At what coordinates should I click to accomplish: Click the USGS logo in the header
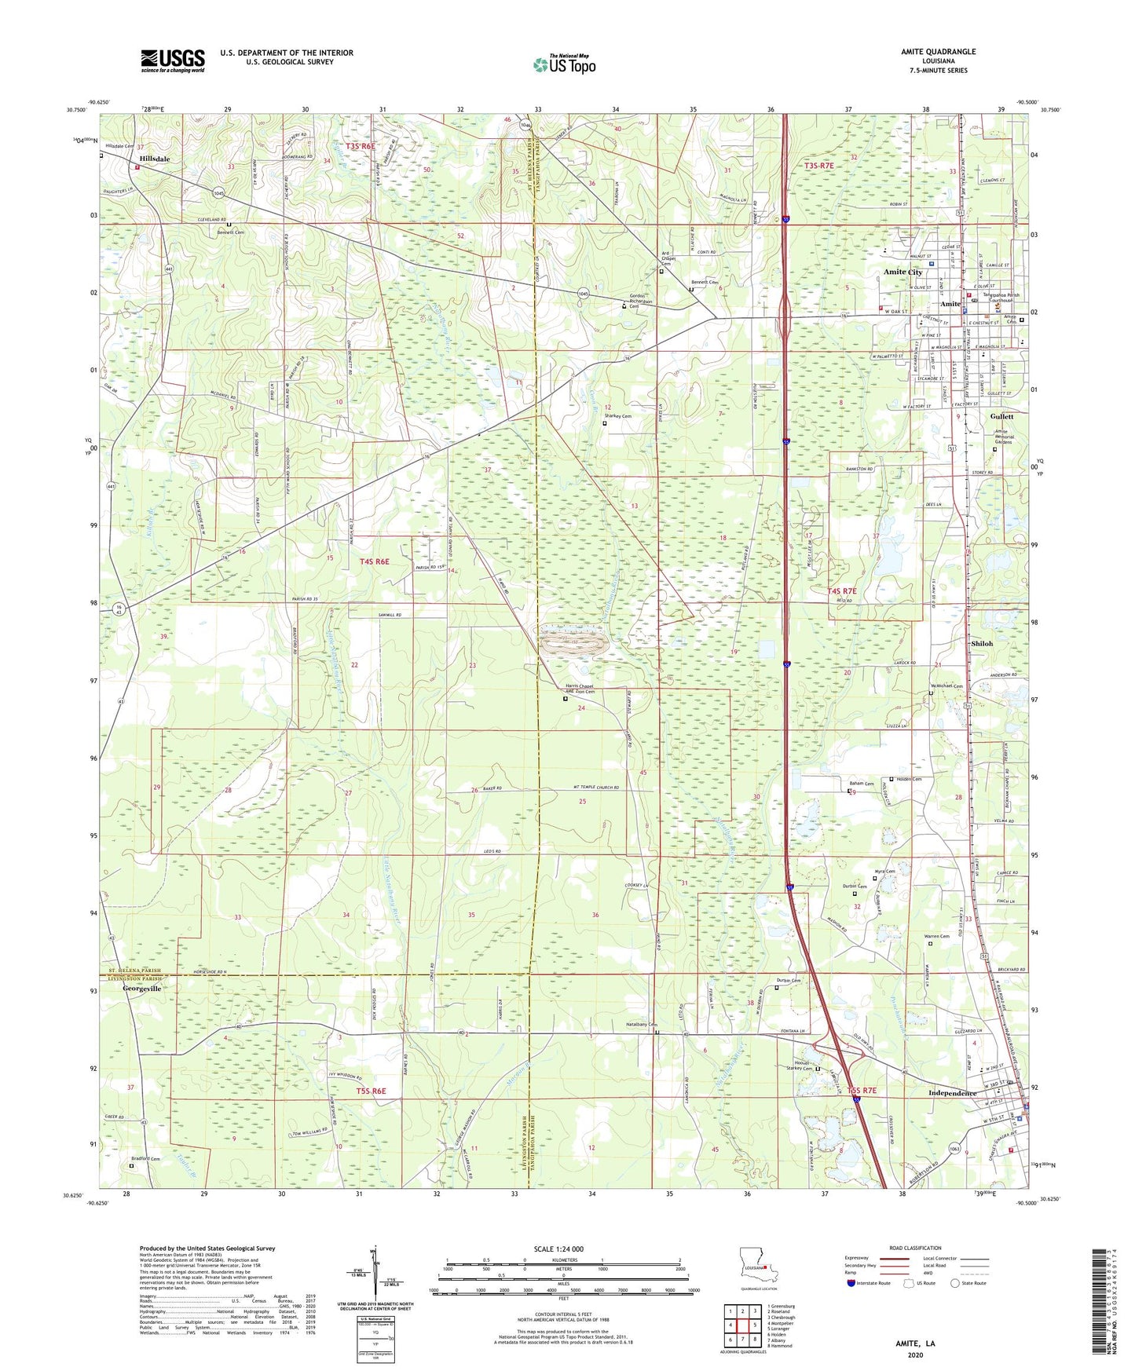coord(172,60)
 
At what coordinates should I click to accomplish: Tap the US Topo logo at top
coord(564,64)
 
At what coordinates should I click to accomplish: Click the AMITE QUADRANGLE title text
coord(938,52)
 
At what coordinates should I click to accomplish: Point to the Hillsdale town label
coord(155,159)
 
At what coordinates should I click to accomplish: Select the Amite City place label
coord(903,272)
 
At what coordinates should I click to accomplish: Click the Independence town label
coord(952,1093)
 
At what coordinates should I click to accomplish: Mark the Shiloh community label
coord(982,644)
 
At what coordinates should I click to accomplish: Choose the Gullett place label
coord(1001,416)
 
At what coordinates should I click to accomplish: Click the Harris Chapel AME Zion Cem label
coord(580,689)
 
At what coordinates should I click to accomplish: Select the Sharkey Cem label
coord(617,416)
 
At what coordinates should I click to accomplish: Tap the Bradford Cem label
coord(145,1159)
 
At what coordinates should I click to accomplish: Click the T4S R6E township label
coord(374,561)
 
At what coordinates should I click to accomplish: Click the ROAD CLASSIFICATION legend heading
coord(916,1248)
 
